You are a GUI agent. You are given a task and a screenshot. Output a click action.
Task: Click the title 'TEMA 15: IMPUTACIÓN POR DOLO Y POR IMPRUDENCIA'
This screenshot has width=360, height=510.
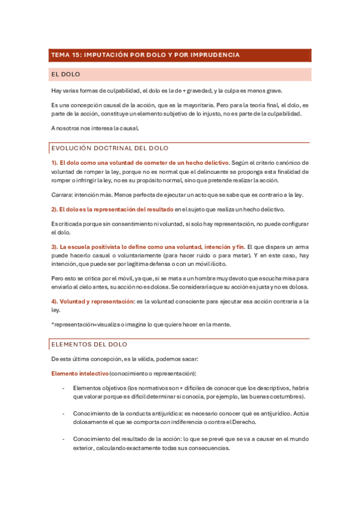[x=145, y=55]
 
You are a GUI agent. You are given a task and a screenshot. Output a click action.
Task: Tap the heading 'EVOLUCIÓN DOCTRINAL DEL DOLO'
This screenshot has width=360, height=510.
[x=110, y=148]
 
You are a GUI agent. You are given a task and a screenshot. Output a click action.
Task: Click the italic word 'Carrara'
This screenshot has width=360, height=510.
[x=61, y=195]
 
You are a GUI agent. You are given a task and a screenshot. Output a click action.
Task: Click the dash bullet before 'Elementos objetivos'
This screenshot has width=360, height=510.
[x=64, y=388]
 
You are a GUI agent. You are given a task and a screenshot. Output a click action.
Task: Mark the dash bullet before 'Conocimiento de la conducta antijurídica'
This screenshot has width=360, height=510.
[x=64, y=414]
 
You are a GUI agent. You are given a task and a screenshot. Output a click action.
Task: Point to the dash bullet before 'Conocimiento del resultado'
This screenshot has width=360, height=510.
[x=64, y=440]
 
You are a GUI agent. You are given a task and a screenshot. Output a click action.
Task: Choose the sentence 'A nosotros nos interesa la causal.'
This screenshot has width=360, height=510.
[x=95, y=128]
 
